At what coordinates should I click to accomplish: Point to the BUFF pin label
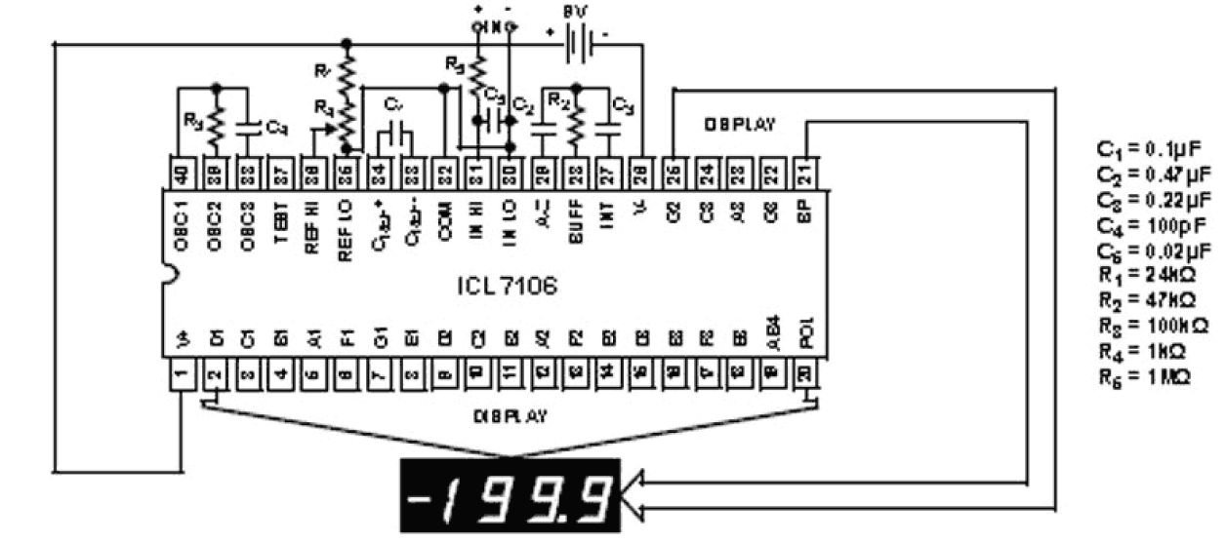tap(576, 230)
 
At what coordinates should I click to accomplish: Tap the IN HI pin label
tap(477, 230)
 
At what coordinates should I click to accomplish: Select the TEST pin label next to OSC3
tap(280, 232)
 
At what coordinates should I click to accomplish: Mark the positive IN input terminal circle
tap(478, 27)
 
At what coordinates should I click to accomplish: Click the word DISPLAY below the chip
tap(511, 415)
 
